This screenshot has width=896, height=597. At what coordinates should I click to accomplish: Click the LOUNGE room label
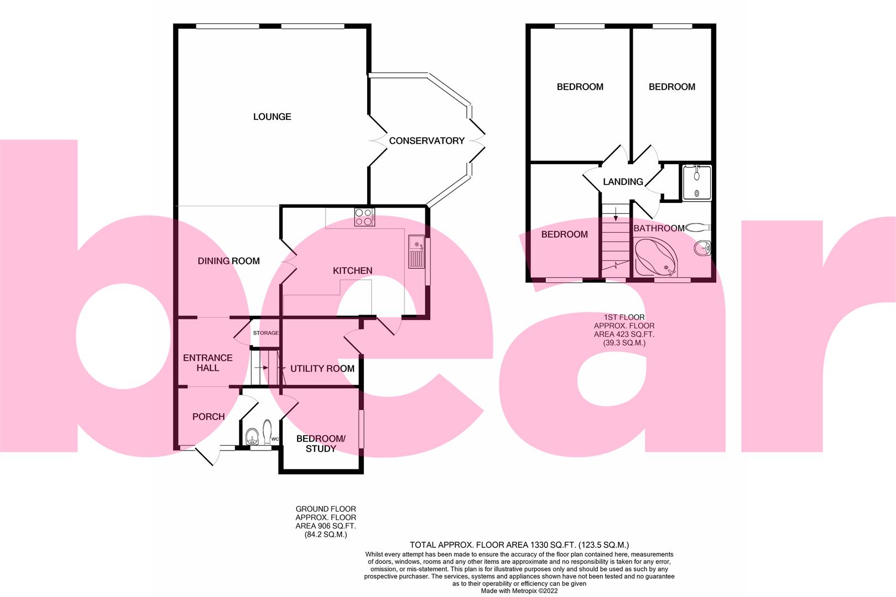[272, 117]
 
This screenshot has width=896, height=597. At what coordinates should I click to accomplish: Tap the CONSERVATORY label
[426, 141]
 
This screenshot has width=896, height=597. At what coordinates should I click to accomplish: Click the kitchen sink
[416, 252]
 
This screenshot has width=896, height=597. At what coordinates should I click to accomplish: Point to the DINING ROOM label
[228, 261]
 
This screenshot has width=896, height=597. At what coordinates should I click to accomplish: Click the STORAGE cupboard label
[265, 333]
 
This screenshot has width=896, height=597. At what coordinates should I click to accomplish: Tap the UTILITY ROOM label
[322, 369]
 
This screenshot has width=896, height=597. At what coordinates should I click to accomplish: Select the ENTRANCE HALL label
[207, 363]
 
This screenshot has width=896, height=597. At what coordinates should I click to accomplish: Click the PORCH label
[208, 416]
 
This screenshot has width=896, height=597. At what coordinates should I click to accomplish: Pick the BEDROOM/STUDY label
[321, 443]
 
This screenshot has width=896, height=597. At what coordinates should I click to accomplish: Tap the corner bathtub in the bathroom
[656, 258]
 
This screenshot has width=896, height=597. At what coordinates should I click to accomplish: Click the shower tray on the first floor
[696, 182]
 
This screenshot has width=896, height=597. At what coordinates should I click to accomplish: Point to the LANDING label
[623, 182]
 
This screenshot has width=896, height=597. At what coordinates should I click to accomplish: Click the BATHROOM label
[659, 228]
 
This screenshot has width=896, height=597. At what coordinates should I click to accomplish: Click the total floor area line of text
[519, 544]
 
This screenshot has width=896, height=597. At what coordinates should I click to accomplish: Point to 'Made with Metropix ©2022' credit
[519, 590]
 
